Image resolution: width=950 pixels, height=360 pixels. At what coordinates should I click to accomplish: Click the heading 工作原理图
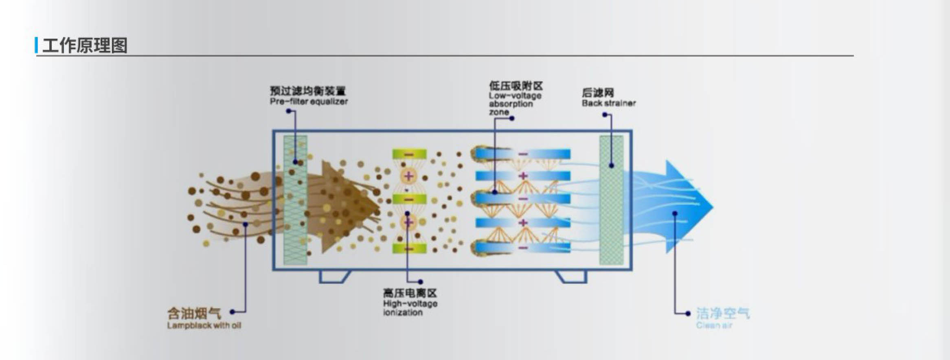click(x=85, y=45)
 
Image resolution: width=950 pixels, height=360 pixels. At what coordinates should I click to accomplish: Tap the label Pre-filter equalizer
click(x=309, y=101)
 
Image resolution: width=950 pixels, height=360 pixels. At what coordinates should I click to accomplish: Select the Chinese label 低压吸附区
click(x=516, y=86)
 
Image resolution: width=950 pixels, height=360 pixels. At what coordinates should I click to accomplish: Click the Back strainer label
click(x=608, y=103)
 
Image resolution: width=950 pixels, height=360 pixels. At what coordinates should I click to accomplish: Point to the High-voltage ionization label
click(x=410, y=308)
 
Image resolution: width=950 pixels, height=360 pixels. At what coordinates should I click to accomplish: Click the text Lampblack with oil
click(x=204, y=325)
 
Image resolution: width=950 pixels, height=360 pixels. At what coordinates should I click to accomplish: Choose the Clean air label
click(x=714, y=325)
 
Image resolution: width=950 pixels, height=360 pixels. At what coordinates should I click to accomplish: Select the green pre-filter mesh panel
click(x=295, y=200)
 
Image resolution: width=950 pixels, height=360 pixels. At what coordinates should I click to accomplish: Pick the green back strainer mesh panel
click(x=611, y=200)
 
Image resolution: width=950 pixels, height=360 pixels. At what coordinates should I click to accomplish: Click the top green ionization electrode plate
click(x=409, y=154)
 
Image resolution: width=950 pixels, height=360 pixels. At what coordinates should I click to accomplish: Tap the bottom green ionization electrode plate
click(x=409, y=248)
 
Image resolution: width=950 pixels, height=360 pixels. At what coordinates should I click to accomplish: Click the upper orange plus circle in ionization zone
click(x=409, y=176)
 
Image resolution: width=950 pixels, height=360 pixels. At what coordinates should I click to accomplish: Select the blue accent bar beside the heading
click(x=37, y=45)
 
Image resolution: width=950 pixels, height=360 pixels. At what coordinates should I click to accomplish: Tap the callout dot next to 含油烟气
click(x=232, y=312)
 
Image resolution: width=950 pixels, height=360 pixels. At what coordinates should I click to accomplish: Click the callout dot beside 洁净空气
click(x=688, y=313)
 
